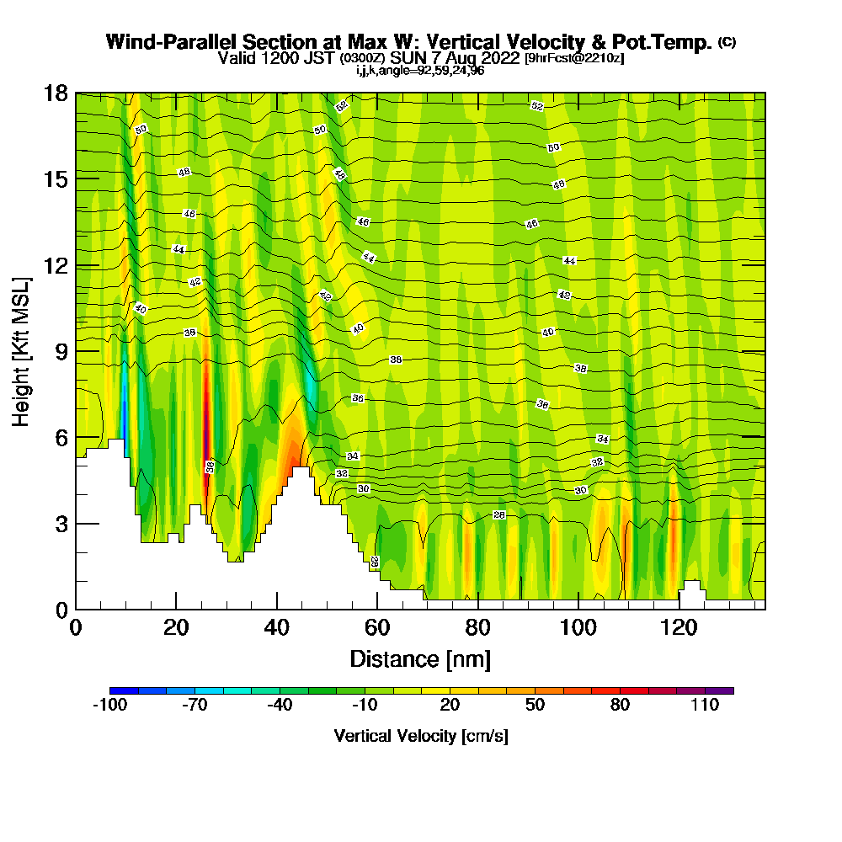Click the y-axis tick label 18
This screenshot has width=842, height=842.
coord(56,93)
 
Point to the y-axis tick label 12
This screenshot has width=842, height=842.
coord(56,265)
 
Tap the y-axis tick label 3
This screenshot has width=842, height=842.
coord(61,524)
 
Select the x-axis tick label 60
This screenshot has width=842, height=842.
coord(377,627)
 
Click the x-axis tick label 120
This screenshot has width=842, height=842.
coord(679,627)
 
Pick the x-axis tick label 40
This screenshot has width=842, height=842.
coord(276,627)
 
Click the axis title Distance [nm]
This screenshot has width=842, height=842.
coord(420,658)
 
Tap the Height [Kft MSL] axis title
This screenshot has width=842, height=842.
coord(21,350)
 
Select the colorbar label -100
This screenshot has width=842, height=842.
coord(109,706)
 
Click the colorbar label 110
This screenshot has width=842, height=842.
coord(706,706)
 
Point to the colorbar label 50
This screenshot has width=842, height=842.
coord(536,706)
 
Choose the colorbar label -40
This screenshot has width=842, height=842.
coord(280,706)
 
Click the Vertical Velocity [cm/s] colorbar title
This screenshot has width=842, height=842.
coord(421,736)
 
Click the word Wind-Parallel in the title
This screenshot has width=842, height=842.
coord(172,42)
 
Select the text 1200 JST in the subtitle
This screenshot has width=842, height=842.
coord(294,58)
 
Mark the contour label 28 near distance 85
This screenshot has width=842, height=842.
coord(498,514)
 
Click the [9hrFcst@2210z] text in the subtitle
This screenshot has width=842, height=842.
coord(574,58)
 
